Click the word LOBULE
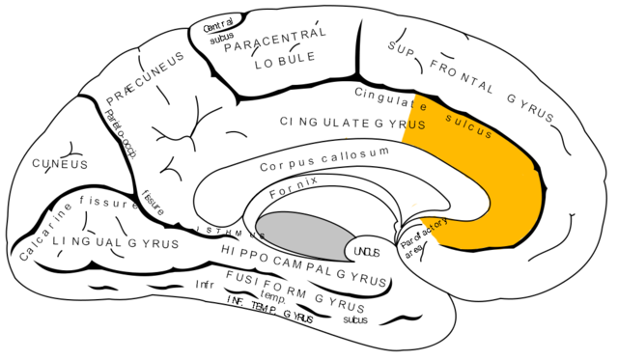point(284,69)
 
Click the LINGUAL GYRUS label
point(116,243)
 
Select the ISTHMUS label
point(228,232)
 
